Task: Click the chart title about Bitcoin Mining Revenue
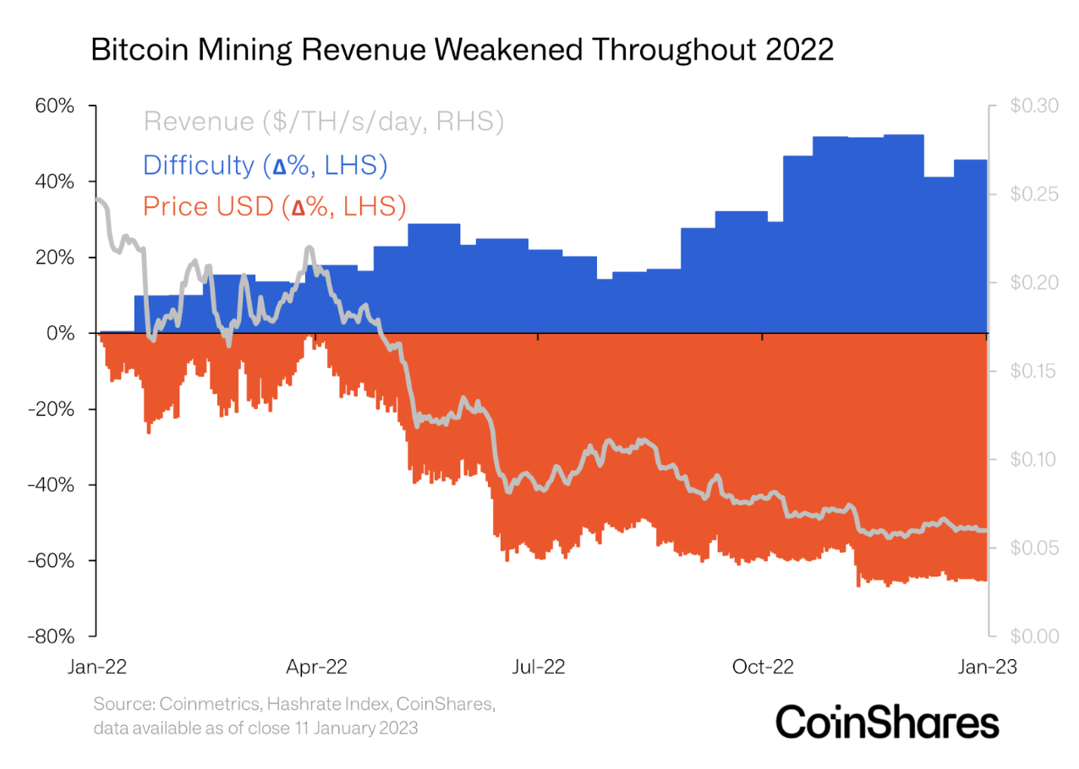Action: [462, 50]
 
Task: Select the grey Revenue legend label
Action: [324, 122]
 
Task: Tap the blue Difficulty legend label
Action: [266, 164]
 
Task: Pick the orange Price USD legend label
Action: [274, 205]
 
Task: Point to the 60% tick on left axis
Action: [55, 106]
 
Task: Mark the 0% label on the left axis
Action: [63, 334]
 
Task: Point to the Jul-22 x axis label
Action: [539, 667]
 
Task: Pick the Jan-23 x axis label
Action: [986, 667]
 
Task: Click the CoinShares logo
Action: [887, 723]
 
